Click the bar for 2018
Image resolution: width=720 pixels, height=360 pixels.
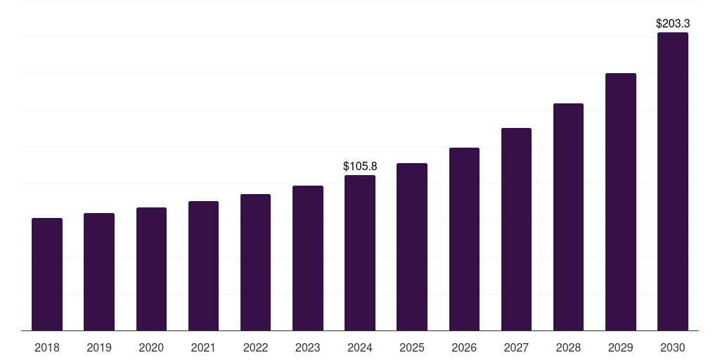(47, 274)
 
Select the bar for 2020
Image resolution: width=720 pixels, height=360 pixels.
(151, 269)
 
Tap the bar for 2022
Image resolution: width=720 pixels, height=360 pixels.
(255, 262)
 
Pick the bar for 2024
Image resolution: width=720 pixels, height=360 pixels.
(360, 252)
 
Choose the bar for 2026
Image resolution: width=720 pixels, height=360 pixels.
(464, 239)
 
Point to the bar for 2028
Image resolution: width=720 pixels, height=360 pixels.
(568, 217)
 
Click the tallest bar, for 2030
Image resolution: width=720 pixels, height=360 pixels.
(672, 181)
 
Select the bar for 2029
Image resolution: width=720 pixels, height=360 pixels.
(620, 202)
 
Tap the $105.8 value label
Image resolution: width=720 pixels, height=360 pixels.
(360, 167)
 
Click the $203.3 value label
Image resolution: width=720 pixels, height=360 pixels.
(672, 24)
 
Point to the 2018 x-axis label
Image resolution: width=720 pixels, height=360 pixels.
(47, 347)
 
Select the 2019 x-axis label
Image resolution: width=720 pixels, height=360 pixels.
(99, 347)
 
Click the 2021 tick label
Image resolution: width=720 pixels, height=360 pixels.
(203, 347)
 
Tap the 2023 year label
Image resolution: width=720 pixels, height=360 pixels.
(307, 347)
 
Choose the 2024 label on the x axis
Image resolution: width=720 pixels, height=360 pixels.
(360, 347)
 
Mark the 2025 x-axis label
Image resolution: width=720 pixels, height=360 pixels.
(412, 347)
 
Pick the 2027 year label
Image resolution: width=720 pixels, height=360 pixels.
(516, 347)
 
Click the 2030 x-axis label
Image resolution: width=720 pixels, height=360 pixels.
(672, 347)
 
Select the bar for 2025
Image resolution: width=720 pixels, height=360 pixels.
(412, 247)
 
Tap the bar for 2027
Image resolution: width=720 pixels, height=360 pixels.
(516, 229)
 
